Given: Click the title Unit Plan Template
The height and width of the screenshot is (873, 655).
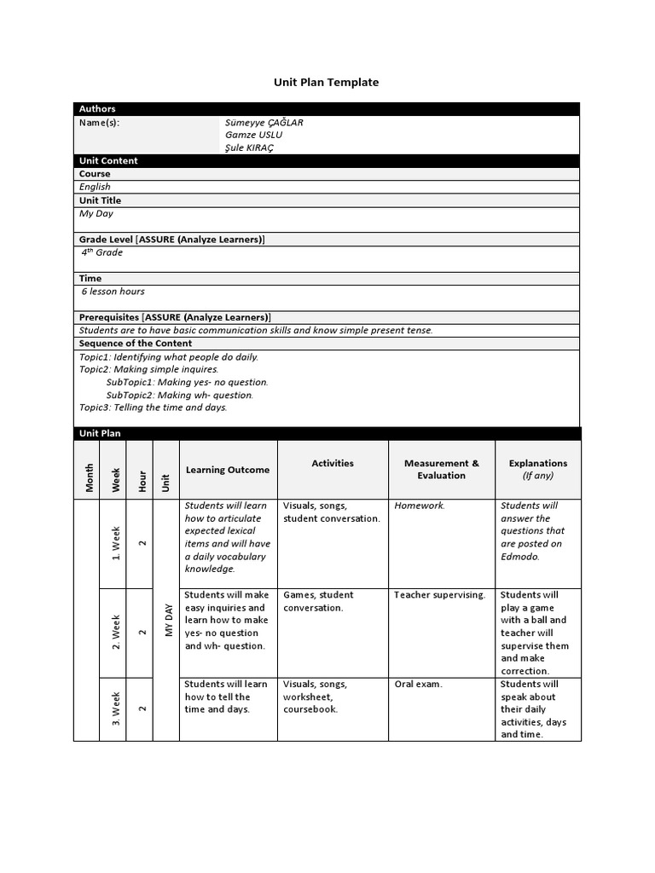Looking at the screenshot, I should point(326,83).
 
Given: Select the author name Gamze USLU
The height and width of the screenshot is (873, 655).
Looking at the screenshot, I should point(253,135).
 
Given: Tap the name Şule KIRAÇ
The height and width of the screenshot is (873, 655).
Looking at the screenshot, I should point(250,147).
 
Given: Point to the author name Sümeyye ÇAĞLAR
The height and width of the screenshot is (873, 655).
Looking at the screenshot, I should point(264,122).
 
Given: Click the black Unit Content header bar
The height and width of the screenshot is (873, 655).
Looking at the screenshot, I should point(326,160).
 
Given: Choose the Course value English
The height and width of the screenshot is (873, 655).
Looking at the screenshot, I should point(95,187).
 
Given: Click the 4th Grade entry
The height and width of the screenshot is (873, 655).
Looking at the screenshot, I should point(102,252).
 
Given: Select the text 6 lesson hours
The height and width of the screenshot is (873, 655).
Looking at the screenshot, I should point(113,292).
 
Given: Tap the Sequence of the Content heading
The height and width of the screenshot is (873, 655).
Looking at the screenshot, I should point(136,343).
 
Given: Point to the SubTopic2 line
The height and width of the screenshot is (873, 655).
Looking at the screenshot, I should point(179,395).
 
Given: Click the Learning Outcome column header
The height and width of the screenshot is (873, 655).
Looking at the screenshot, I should point(227,470).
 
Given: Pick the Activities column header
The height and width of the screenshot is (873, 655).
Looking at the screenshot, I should point(333,463).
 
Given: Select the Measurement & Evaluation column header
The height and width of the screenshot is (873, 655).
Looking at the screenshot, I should point(442,469).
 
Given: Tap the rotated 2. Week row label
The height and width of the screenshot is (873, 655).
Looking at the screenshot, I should point(116,633).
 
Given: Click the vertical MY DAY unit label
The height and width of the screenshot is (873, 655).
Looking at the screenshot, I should point(169,620).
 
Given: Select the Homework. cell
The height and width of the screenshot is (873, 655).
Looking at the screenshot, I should point(420,506).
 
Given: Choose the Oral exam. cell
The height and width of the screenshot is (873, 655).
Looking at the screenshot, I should point(418,684).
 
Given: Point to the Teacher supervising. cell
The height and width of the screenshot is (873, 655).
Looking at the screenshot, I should point(439,595).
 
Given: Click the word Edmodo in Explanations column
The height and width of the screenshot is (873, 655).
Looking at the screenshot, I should point(519,556).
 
